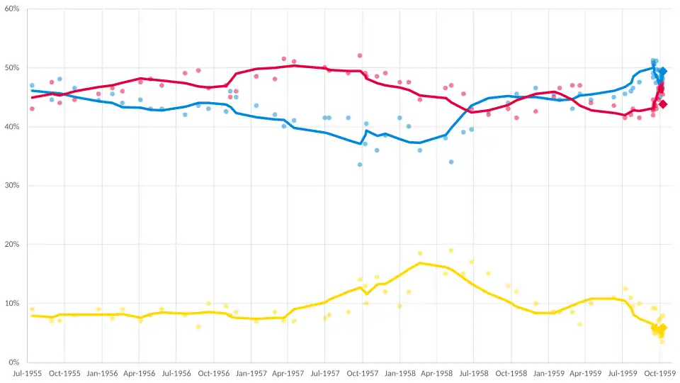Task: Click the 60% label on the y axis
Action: (x=12, y=9)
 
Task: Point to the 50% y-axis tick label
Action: (x=12, y=68)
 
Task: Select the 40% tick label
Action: (x=12, y=127)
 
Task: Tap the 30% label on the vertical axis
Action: (x=12, y=186)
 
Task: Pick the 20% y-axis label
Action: (x=12, y=245)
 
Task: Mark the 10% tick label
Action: (x=12, y=304)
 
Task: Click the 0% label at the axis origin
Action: (x=14, y=362)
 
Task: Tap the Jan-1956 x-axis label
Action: (x=101, y=374)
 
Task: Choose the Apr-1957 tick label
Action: (x=288, y=374)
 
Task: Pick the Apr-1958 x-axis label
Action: (x=436, y=374)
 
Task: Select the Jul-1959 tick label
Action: (x=623, y=374)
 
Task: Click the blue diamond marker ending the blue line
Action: (x=663, y=71)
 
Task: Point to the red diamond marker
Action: (x=663, y=104)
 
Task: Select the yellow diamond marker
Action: (x=663, y=328)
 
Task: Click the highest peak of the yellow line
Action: (x=420, y=263)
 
